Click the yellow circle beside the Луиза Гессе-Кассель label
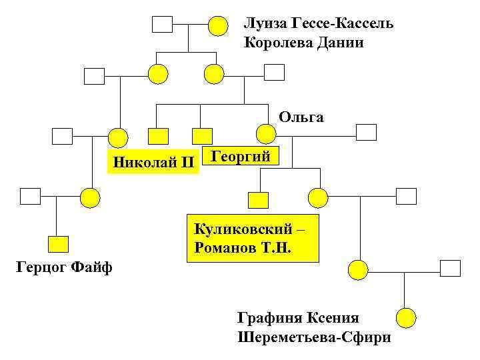(x=218, y=26)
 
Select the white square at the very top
(x=162, y=25)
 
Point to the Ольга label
(x=301, y=118)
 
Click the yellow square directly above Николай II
(x=158, y=136)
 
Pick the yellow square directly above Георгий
(x=202, y=136)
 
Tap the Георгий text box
(x=241, y=157)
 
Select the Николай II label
(x=153, y=161)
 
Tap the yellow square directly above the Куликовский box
(x=258, y=199)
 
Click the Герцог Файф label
(x=63, y=268)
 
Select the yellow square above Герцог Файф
(x=59, y=244)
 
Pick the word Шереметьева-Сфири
(x=314, y=337)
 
